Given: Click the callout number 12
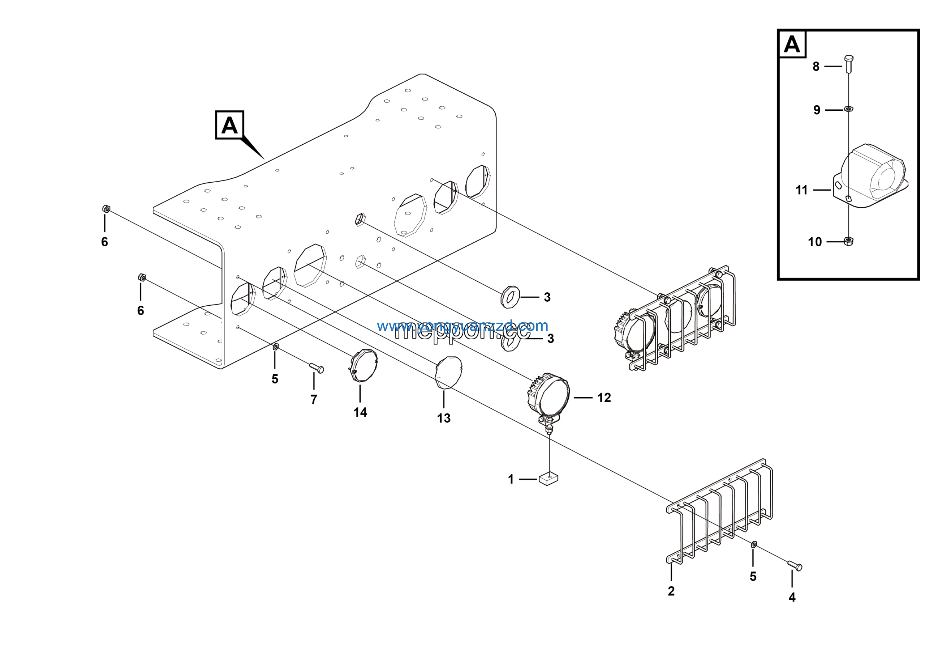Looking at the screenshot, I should click(604, 398).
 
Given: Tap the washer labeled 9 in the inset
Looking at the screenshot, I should click(848, 109).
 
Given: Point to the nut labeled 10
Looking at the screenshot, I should click(848, 241).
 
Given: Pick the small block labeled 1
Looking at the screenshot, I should click(548, 479).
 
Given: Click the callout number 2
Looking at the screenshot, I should click(671, 591).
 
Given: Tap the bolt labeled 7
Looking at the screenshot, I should click(317, 368).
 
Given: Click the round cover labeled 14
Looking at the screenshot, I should click(363, 365).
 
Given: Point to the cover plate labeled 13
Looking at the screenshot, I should click(449, 372).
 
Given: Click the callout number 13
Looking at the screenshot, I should click(444, 418).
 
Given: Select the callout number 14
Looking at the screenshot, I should click(360, 412).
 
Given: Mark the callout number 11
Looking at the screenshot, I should click(801, 190).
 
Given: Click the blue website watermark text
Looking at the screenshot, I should click(462, 326).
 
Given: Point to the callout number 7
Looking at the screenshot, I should click(314, 399).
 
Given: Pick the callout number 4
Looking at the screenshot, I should click(792, 598).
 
